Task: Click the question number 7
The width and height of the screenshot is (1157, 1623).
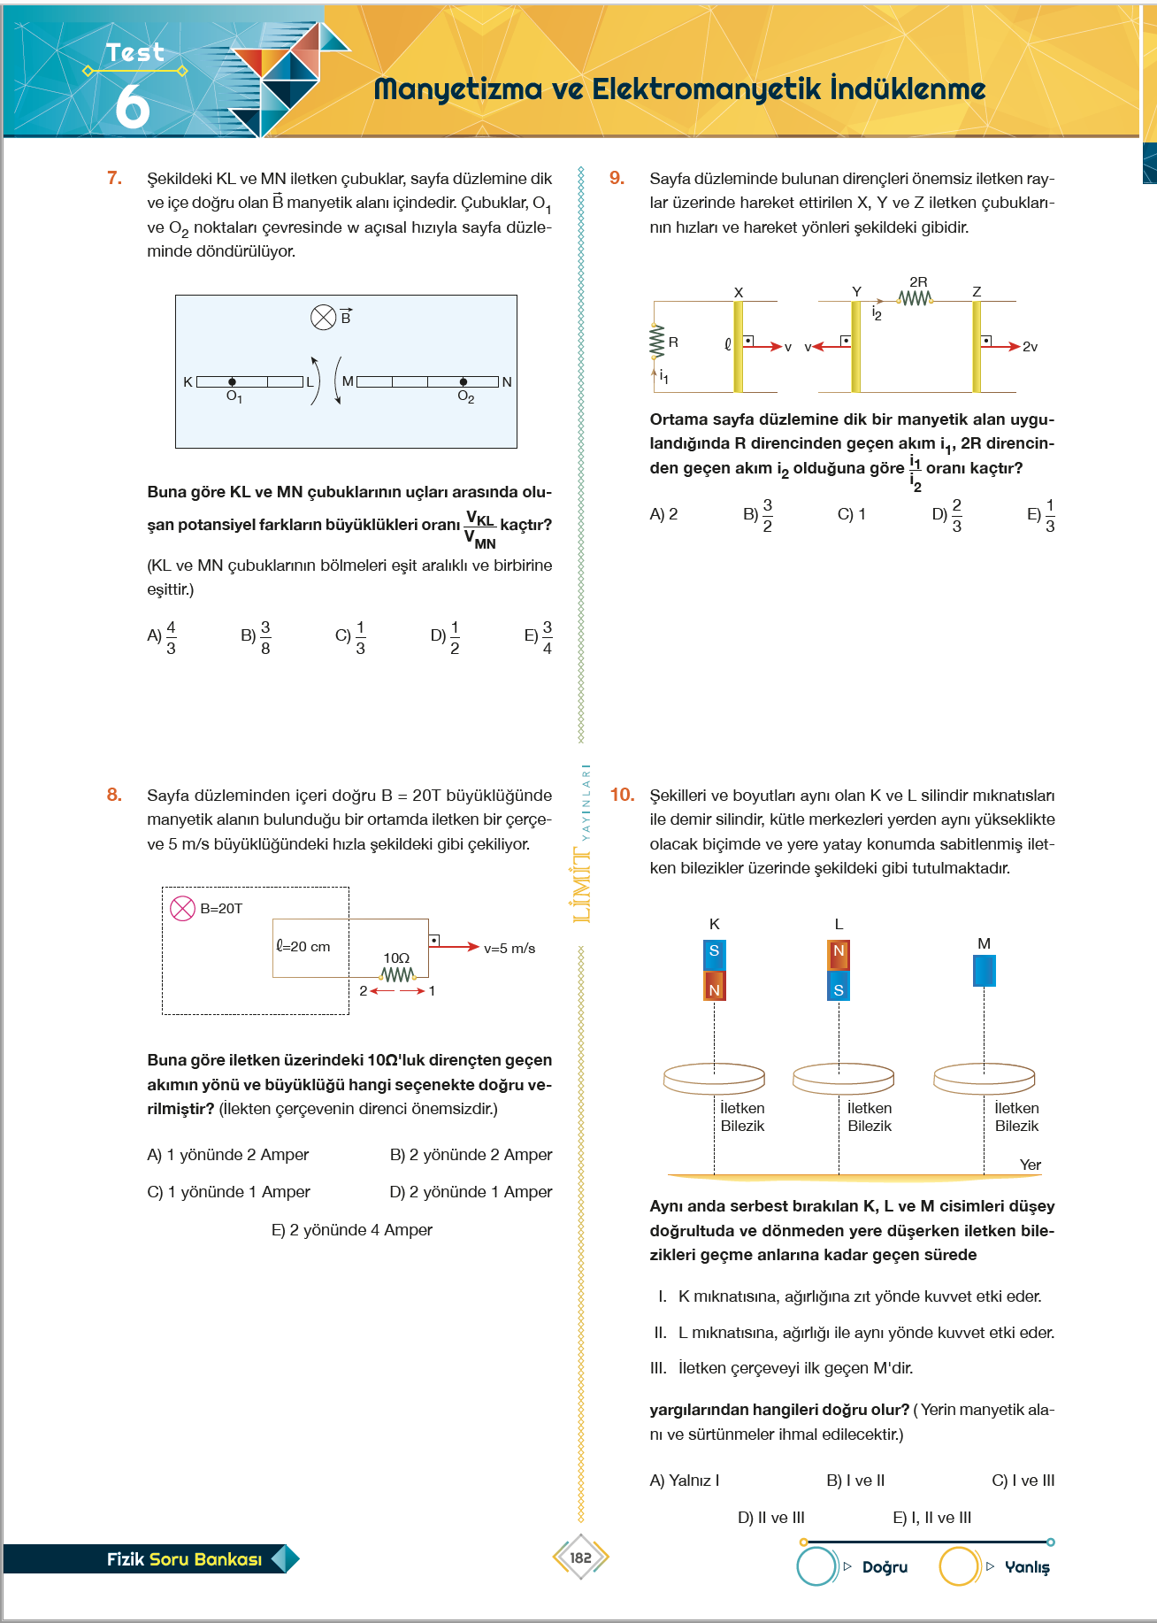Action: (x=114, y=178)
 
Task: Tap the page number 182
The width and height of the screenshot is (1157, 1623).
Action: (x=580, y=1558)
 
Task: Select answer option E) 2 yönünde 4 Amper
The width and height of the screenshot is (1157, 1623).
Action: (x=351, y=1230)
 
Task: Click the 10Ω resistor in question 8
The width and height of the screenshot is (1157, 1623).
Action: (x=397, y=974)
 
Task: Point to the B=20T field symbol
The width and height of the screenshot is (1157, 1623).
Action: (x=182, y=909)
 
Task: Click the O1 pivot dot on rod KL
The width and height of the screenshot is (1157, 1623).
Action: (x=232, y=382)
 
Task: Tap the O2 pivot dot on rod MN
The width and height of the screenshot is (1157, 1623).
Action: (x=464, y=382)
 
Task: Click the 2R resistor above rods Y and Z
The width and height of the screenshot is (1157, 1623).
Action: (x=916, y=299)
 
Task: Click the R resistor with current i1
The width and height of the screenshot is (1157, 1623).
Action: (x=656, y=342)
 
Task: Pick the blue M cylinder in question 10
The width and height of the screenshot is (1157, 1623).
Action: (x=984, y=971)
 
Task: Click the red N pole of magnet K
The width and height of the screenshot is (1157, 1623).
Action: (x=714, y=987)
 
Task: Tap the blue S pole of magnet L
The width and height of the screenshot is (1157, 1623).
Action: (x=839, y=988)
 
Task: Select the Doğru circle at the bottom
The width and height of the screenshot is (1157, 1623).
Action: (x=816, y=1566)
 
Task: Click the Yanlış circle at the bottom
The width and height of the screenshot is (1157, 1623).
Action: (x=958, y=1566)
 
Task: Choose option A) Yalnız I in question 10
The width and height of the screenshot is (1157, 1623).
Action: (x=684, y=1481)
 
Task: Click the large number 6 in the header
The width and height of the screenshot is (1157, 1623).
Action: (x=133, y=106)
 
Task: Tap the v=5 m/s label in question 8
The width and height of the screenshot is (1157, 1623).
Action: (x=510, y=948)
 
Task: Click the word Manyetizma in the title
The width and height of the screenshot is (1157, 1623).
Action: (x=457, y=89)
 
